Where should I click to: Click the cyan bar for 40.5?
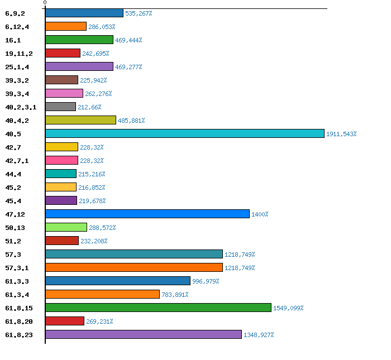coord(184,133)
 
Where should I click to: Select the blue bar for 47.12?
coord(147,214)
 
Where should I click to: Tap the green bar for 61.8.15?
coord(158,308)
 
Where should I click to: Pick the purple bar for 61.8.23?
coord(143,334)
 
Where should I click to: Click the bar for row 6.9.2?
coord(84,13)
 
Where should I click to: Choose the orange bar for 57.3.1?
coord(133,267)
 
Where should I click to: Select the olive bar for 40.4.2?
coord(80,120)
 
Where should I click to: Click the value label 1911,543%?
coord(341,134)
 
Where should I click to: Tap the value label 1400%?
coord(260,214)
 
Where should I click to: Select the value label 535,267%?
coord(139,13)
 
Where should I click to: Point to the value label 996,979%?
coord(206,281)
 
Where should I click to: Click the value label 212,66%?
coord(89,107)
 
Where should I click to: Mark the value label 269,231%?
coord(99,321)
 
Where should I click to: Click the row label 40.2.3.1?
coord(20,107)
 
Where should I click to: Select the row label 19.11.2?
coord(18,54)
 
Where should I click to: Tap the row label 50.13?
coord(14,228)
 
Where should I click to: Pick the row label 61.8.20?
coord(18,321)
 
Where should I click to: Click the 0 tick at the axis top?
coord(45,3)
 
